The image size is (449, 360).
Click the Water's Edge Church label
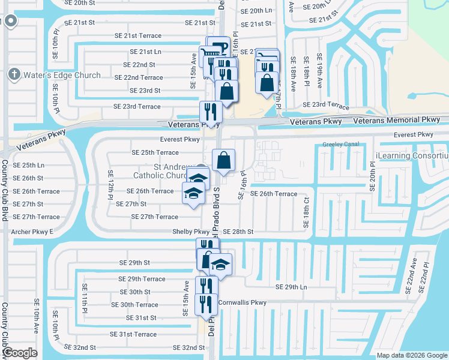click(62, 75)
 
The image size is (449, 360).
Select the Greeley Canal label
click(340, 145)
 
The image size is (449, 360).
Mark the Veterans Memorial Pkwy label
click(397, 121)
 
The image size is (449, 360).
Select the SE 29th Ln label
click(291, 287)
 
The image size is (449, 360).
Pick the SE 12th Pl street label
click(111, 185)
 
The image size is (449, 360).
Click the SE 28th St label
click(238, 232)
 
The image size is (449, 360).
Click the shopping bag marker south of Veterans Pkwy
click(223, 161)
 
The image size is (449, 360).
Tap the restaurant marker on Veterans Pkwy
click(211, 112)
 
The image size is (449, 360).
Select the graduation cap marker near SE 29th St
click(221, 265)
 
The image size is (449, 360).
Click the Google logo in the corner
click(20, 353)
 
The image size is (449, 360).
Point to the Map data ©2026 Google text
click(412, 355)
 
